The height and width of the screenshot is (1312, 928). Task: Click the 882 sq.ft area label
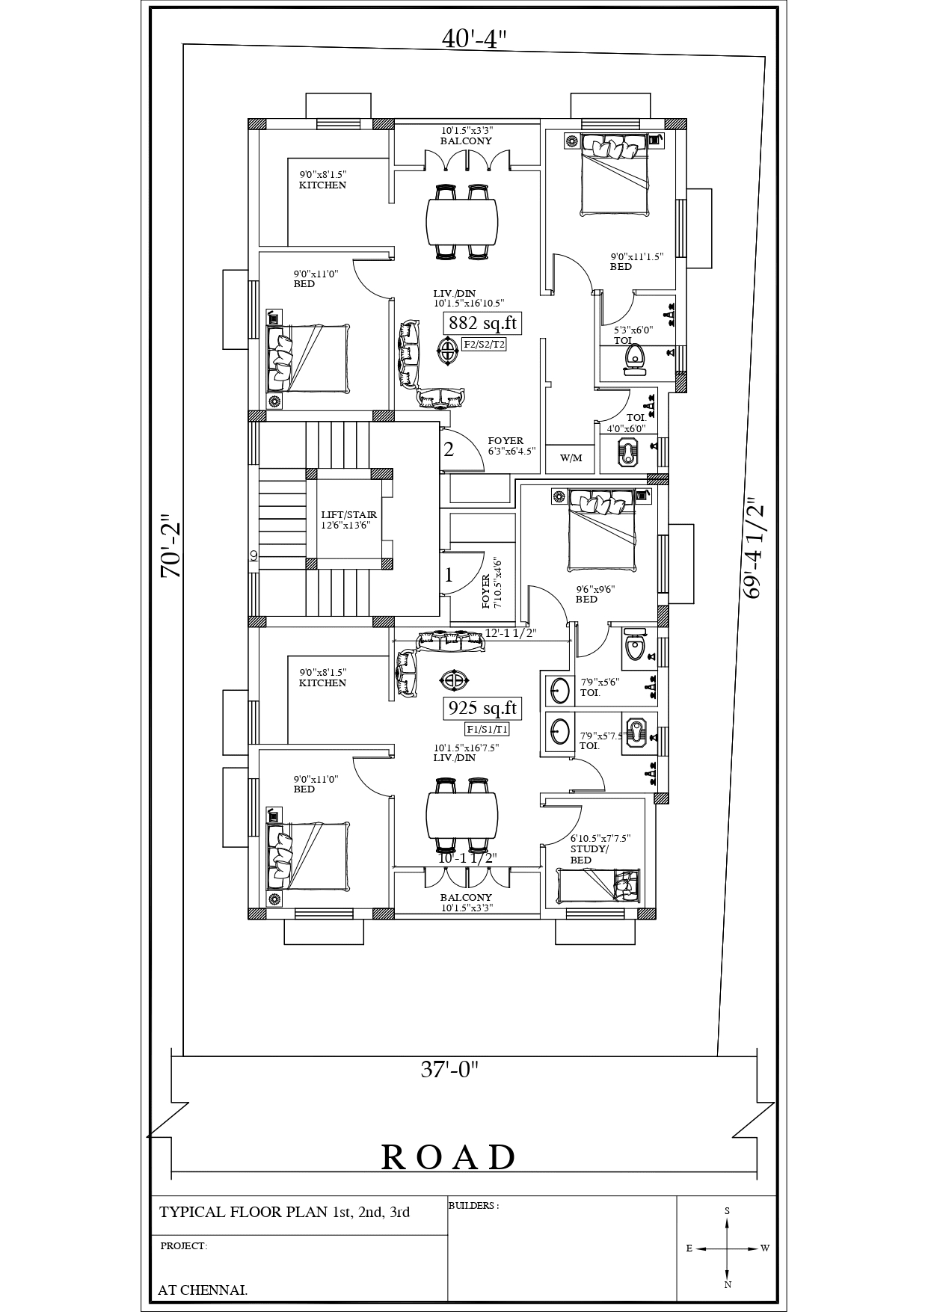point(482,324)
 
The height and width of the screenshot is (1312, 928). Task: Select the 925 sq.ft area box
point(482,708)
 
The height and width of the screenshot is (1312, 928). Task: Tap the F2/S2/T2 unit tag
point(484,345)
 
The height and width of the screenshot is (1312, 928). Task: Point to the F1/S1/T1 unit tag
point(487,729)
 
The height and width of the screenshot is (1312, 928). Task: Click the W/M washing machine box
point(571,458)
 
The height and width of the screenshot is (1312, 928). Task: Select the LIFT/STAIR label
point(349,520)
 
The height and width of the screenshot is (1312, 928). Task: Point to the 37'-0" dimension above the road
point(449,1070)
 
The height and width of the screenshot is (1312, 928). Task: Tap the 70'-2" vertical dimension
point(171,546)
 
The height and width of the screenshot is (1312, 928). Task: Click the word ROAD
point(449,1157)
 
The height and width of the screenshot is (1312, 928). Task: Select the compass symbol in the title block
point(727,1248)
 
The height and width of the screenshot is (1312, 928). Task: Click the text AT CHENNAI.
point(203,1290)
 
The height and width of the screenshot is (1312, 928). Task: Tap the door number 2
point(449,449)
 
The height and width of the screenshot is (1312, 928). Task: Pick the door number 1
point(449,575)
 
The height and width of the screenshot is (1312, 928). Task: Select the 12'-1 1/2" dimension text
point(511,633)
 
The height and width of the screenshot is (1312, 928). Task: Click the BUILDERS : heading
point(473,1206)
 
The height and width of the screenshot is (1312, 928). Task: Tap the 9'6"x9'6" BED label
point(594,594)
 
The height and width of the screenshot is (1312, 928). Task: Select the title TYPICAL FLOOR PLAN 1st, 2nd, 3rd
point(285,1212)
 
